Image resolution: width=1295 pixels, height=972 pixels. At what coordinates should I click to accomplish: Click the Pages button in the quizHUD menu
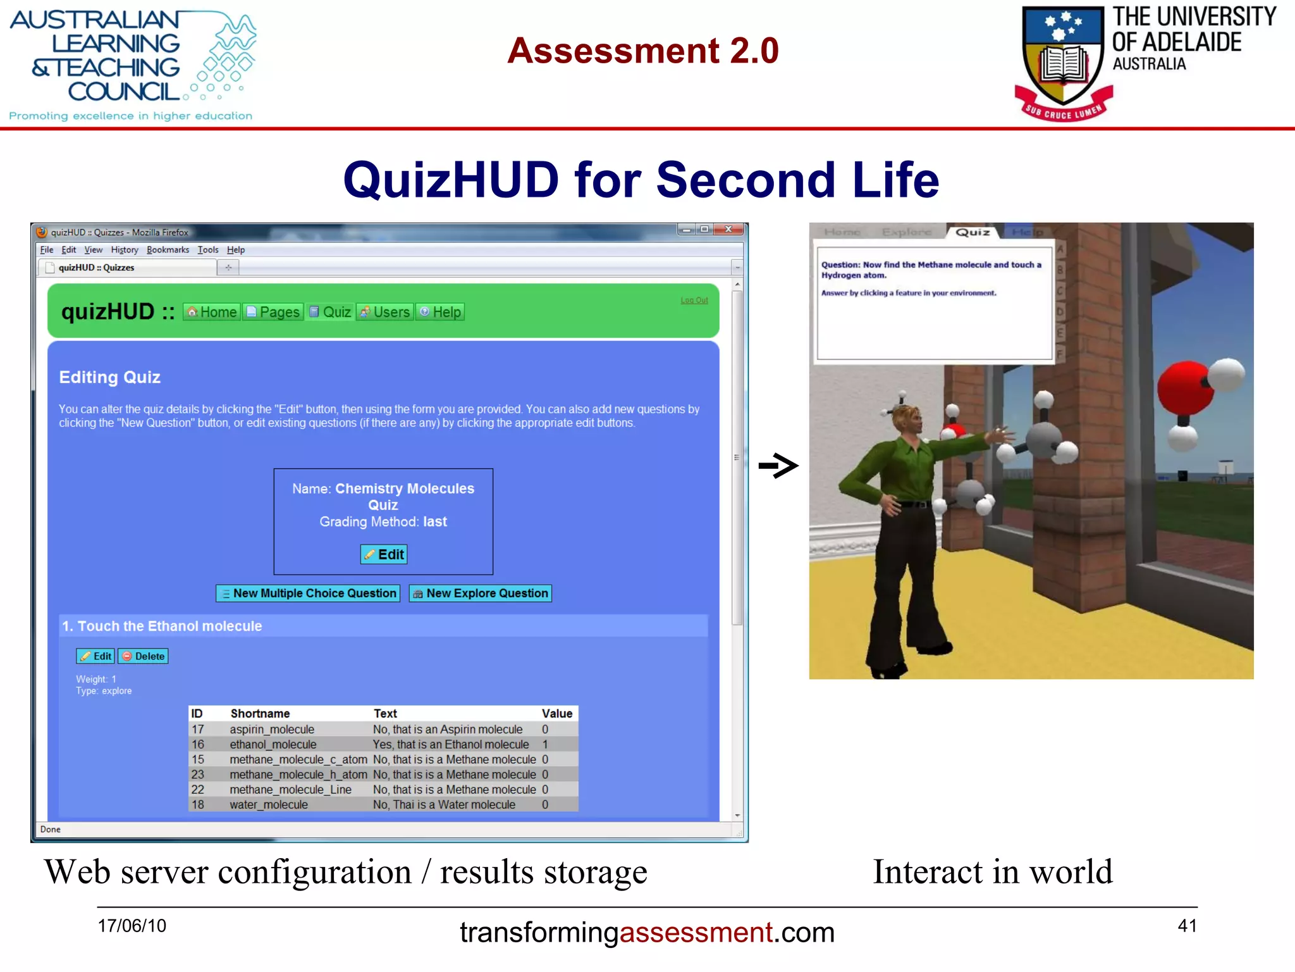coord(273,312)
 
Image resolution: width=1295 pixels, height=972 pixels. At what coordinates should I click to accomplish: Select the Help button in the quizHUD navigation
coord(440,312)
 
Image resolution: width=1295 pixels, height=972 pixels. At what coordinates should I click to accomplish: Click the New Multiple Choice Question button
coord(308,593)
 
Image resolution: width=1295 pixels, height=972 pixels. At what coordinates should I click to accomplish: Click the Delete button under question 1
coord(144,656)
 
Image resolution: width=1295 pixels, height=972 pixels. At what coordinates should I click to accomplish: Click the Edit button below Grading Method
coord(384,554)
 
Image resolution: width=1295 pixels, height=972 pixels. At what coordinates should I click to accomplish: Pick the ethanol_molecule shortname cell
coord(273,744)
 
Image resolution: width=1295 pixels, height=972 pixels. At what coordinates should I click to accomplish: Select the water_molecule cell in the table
coord(268,804)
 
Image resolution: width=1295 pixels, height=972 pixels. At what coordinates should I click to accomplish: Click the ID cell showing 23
coord(198,775)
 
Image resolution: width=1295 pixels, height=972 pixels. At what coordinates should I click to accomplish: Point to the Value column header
coord(556,713)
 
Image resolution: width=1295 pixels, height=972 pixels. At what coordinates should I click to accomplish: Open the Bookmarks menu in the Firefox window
coord(168,250)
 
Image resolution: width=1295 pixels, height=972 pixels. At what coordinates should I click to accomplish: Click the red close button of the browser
coord(728,230)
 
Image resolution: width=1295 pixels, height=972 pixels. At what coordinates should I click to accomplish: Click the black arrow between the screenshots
coord(778,466)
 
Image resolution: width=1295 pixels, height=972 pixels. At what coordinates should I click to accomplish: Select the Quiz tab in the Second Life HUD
coord(972,232)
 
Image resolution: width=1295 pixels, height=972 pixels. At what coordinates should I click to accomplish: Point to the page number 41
coord(1187,925)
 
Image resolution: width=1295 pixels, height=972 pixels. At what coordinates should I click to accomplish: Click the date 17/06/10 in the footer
coord(132,925)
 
